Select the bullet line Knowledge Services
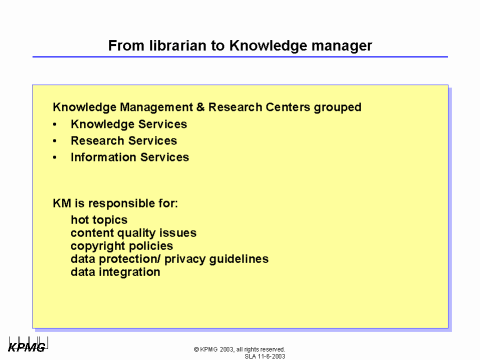pos(128,124)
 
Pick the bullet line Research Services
pos(123,141)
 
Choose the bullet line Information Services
pos(129,157)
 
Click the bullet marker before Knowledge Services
pos(55,124)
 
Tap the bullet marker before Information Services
pos(55,157)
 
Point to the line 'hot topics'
pos(99,219)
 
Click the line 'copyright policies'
pos(121,245)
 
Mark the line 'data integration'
pos(115,271)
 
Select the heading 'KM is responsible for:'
pos(115,203)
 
